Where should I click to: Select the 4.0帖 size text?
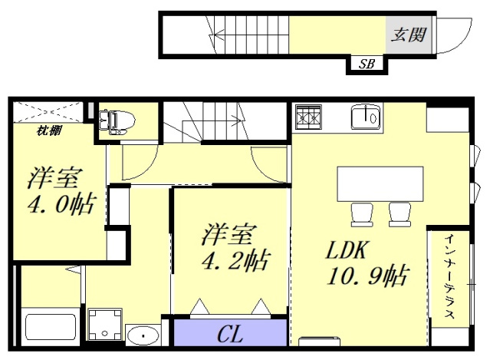click(x=61, y=204)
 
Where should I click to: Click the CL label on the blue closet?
click(x=231, y=335)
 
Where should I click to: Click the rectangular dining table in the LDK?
click(x=380, y=183)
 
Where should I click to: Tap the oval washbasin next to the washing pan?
click(x=142, y=335)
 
